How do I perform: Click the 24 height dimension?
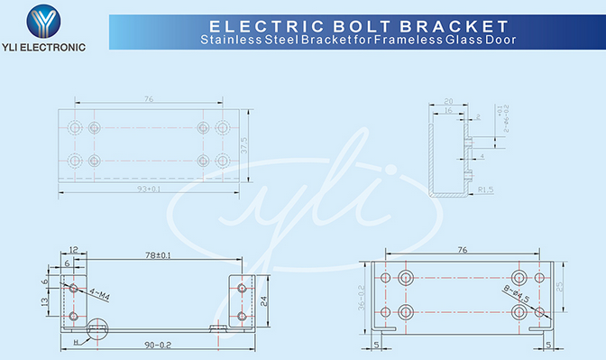coord(263,302)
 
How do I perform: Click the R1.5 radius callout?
coord(485,189)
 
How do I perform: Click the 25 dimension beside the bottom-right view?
coord(560,286)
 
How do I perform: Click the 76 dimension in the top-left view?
coord(148,99)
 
